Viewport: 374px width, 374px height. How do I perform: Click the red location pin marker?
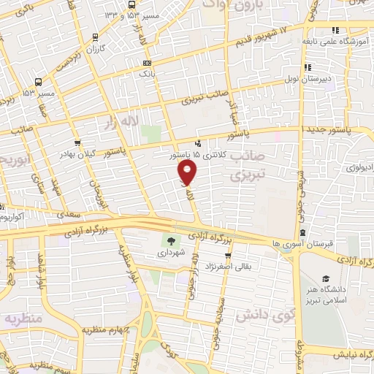coord(188,172)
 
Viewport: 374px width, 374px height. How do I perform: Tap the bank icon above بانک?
coord(147,64)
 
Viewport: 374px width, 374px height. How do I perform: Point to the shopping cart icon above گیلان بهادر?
coord(78,143)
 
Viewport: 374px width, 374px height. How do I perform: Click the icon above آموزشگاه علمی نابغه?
coord(336,30)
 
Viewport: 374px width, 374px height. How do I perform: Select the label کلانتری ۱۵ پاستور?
coord(196,156)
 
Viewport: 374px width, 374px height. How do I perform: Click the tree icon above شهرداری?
coord(170,242)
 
